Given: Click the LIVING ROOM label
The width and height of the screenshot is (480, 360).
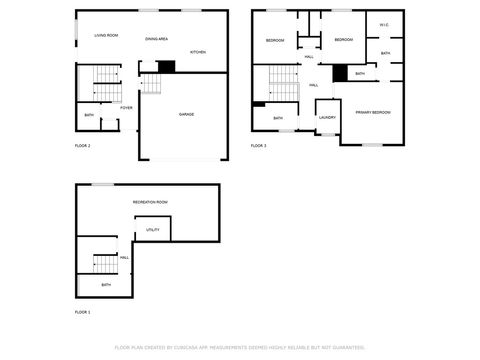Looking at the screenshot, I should coord(106,35).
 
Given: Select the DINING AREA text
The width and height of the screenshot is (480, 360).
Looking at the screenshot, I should coord(156,38).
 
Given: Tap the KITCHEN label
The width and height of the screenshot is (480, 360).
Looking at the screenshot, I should coord(198,51).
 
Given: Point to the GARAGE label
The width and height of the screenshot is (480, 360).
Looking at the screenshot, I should coord(186,114).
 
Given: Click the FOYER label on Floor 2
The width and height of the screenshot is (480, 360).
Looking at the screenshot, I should coord(127,108).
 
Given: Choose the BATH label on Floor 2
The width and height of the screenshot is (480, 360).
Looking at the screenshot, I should coord(89,115).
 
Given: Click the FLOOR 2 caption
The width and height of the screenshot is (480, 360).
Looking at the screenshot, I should coord(82,146).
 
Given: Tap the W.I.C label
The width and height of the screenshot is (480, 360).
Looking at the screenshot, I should coord(385,25).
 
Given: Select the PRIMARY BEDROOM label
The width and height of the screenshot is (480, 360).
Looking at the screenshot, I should coord(373,112).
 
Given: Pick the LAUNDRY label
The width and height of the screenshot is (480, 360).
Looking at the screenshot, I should coord(327,117).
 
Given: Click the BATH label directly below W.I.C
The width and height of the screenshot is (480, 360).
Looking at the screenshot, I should coord(385,52).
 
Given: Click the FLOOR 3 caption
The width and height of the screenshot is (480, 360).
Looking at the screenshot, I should coord(258,146).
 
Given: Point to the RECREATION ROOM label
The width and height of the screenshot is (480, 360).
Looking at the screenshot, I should coord(150,202).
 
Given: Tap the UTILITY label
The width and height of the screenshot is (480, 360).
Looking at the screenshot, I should coord(153,229).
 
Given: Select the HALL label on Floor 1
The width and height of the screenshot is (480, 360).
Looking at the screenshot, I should coord(125,258).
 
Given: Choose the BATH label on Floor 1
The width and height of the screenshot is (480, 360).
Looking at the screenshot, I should coord(106,285).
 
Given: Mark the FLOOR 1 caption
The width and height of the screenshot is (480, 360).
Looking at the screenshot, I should coord(82,312).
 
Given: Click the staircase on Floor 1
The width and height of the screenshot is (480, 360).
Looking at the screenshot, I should coord(105,263).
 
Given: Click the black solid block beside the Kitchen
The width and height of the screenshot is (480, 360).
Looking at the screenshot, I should coord(167,66).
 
